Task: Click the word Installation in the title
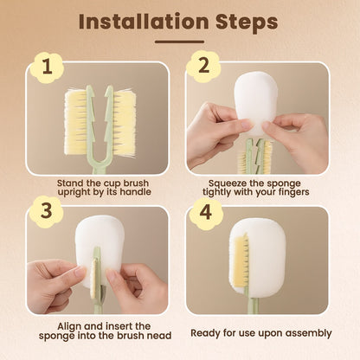click(144, 22)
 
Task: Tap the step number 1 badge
click(47, 67)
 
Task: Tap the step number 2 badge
click(203, 67)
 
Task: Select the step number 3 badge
click(46, 212)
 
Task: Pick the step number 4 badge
click(206, 214)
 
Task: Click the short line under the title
click(179, 42)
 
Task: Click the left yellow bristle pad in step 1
click(76, 123)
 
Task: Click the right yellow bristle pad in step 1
click(125, 124)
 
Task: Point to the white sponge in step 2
click(255, 102)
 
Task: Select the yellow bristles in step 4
click(241, 260)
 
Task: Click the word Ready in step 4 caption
click(205, 333)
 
